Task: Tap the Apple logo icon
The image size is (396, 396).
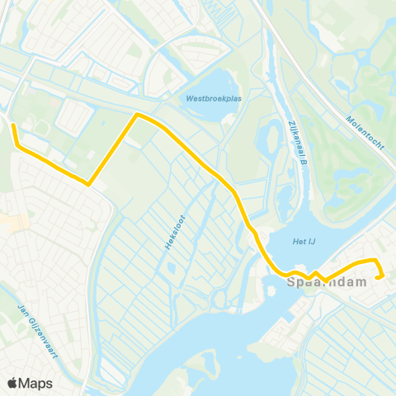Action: click(x=12, y=383)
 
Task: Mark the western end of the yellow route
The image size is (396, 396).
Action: click(x=13, y=125)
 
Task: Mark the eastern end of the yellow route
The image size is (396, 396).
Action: click(x=379, y=278)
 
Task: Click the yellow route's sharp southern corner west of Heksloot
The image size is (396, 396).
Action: click(x=88, y=184)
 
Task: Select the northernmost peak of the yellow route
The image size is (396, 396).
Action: click(x=137, y=115)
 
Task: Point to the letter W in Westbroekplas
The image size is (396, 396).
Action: click(x=189, y=98)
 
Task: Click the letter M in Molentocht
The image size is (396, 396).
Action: click(x=350, y=115)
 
